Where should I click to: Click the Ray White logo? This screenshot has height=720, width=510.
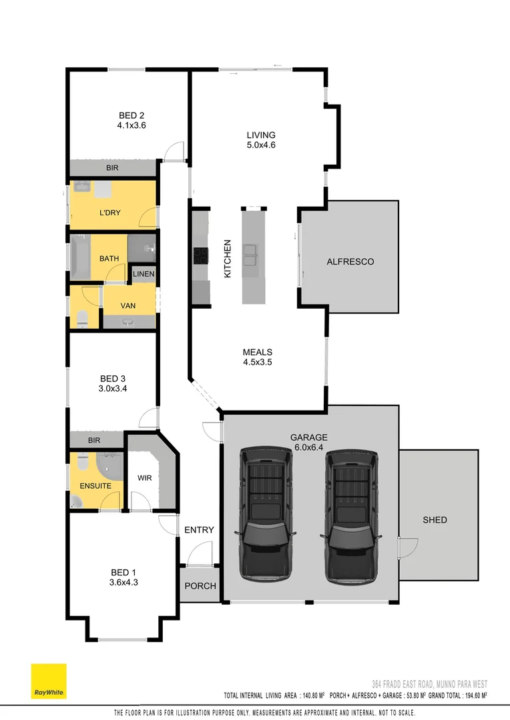click(49, 681)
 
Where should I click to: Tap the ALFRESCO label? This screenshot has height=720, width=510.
click(350, 262)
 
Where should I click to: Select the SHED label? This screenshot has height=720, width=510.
click(435, 520)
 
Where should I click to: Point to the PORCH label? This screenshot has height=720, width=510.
click(200, 586)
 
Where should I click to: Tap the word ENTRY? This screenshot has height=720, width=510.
click(199, 530)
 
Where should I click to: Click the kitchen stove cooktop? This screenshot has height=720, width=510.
click(200, 255)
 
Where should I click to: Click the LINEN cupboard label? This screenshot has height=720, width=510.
click(144, 274)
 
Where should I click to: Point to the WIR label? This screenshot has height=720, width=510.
click(145, 478)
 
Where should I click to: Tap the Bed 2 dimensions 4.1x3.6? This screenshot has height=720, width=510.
click(132, 125)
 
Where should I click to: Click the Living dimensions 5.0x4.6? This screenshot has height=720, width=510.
click(260, 145)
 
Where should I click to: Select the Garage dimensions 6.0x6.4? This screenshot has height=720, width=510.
click(308, 447)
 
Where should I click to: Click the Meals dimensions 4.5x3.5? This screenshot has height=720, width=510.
click(257, 363)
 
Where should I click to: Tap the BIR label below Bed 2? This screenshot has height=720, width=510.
click(111, 169)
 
